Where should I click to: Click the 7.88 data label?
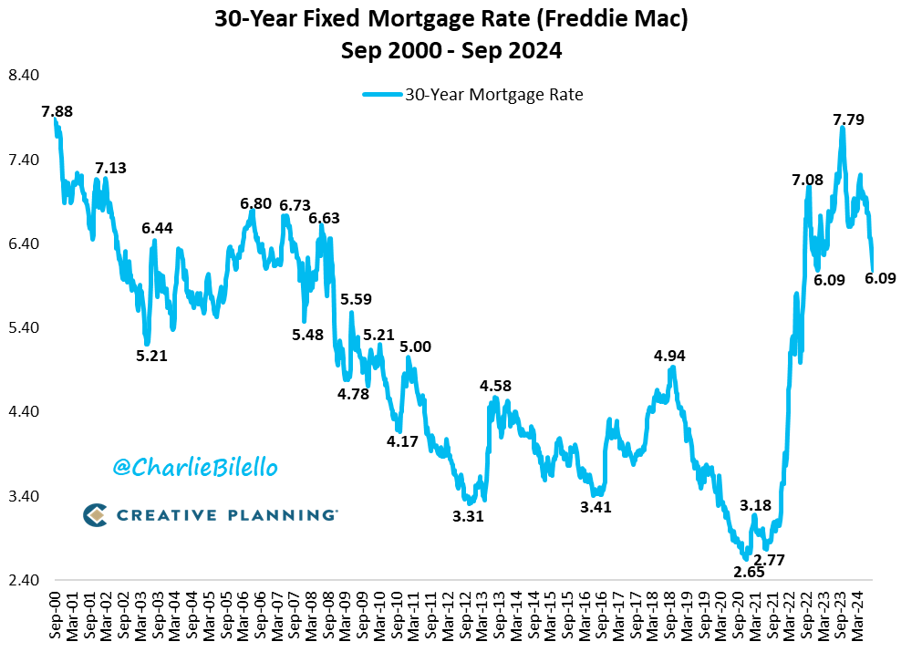[57, 111]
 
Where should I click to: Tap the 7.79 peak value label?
[849, 119]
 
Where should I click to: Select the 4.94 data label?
[669, 356]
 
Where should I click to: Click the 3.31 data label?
[468, 516]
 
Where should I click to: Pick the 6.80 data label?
[255, 204]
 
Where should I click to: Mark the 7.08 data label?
[808, 180]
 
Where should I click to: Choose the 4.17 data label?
[402, 441]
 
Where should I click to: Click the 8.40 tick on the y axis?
[24, 76]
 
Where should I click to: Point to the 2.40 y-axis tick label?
[24, 581]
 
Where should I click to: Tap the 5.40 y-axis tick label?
[24, 328]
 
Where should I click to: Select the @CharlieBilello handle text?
[195, 468]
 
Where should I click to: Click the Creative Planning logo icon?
[95, 515]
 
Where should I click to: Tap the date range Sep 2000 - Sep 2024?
[451, 51]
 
